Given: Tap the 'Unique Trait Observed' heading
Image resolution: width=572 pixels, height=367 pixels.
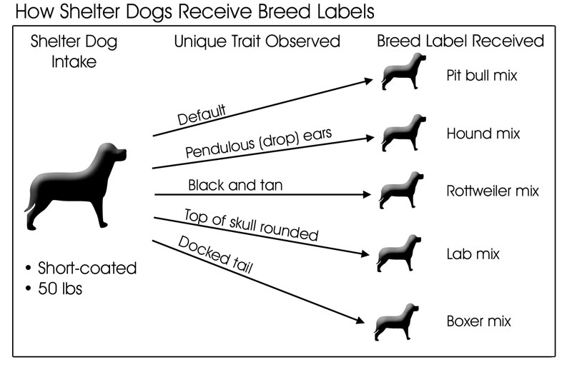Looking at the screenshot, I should point(257,41).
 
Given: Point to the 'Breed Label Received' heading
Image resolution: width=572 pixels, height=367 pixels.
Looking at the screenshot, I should point(460,41).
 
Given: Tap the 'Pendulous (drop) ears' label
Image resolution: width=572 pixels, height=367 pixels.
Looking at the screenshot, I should point(248,144).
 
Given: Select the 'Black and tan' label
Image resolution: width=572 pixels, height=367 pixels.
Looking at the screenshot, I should point(235,185).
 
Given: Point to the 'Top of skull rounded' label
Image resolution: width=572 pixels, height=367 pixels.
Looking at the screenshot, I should point(250,224).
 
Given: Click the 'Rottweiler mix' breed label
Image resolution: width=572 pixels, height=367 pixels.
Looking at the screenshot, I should point(492,191).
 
